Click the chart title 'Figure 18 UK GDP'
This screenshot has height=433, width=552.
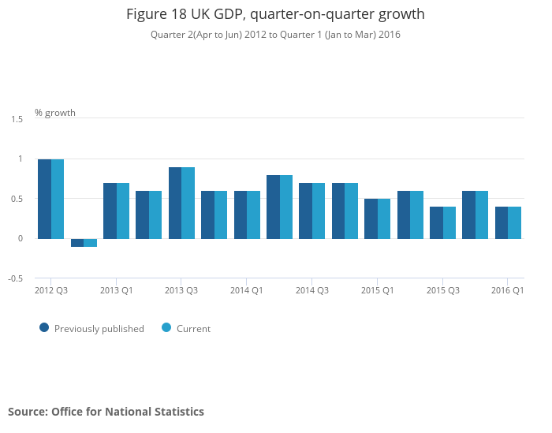coord(275,14)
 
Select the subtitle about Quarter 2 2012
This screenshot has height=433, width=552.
coord(275,35)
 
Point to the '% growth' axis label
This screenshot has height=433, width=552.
coord(55,113)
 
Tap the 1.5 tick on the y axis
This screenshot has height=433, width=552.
coord(17,119)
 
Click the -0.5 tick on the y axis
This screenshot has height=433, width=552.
coord(16,278)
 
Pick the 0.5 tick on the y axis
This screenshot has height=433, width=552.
coord(17,199)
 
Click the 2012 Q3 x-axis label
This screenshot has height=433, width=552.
coord(51,291)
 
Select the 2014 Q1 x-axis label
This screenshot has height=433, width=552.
coord(247,291)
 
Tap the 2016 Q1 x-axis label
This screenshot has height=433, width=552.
coord(508,291)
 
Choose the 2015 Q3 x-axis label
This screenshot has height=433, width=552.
coord(443,291)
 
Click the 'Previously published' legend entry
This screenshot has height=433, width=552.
coord(99,329)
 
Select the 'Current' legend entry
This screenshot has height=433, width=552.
coord(193,329)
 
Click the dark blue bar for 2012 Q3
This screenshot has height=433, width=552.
coord(45,199)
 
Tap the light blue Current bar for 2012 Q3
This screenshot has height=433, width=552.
coord(58,199)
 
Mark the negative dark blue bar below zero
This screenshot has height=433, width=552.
coord(77,242)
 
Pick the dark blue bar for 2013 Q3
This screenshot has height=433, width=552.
coord(175,203)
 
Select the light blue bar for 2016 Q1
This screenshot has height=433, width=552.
coord(514,222)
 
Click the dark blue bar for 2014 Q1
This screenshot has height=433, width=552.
coord(241,215)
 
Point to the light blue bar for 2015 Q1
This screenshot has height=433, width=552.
coord(384,218)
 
